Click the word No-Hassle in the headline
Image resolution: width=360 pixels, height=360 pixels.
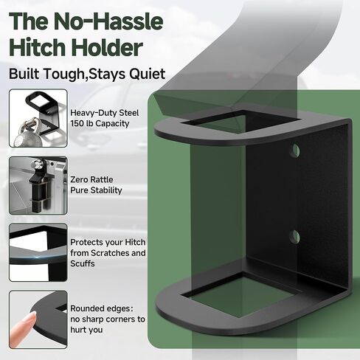tap(108, 21)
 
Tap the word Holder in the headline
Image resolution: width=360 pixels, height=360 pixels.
tap(107, 47)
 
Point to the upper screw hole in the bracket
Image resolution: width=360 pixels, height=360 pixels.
tap(295, 150)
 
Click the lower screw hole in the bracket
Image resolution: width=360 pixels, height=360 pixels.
tap(295, 237)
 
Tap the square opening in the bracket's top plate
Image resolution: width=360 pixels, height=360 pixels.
tap(241, 122)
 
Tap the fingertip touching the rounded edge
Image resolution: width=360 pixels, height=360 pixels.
tap(31, 316)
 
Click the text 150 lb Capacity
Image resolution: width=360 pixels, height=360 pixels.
tap(100, 123)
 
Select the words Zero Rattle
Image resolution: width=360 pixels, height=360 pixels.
tap(91, 179)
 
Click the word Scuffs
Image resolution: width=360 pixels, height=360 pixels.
tap(83, 263)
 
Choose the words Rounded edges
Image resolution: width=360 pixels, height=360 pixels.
tap(102, 308)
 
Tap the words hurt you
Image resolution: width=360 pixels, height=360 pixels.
tap(86, 330)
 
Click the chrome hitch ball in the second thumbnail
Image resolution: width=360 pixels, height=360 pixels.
tap(38, 164)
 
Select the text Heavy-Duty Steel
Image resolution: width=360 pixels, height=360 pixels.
tap(105, 113)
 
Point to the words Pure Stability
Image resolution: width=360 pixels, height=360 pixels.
tap(96, 190)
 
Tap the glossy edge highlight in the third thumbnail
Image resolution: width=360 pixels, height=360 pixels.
tap(38, 256)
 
